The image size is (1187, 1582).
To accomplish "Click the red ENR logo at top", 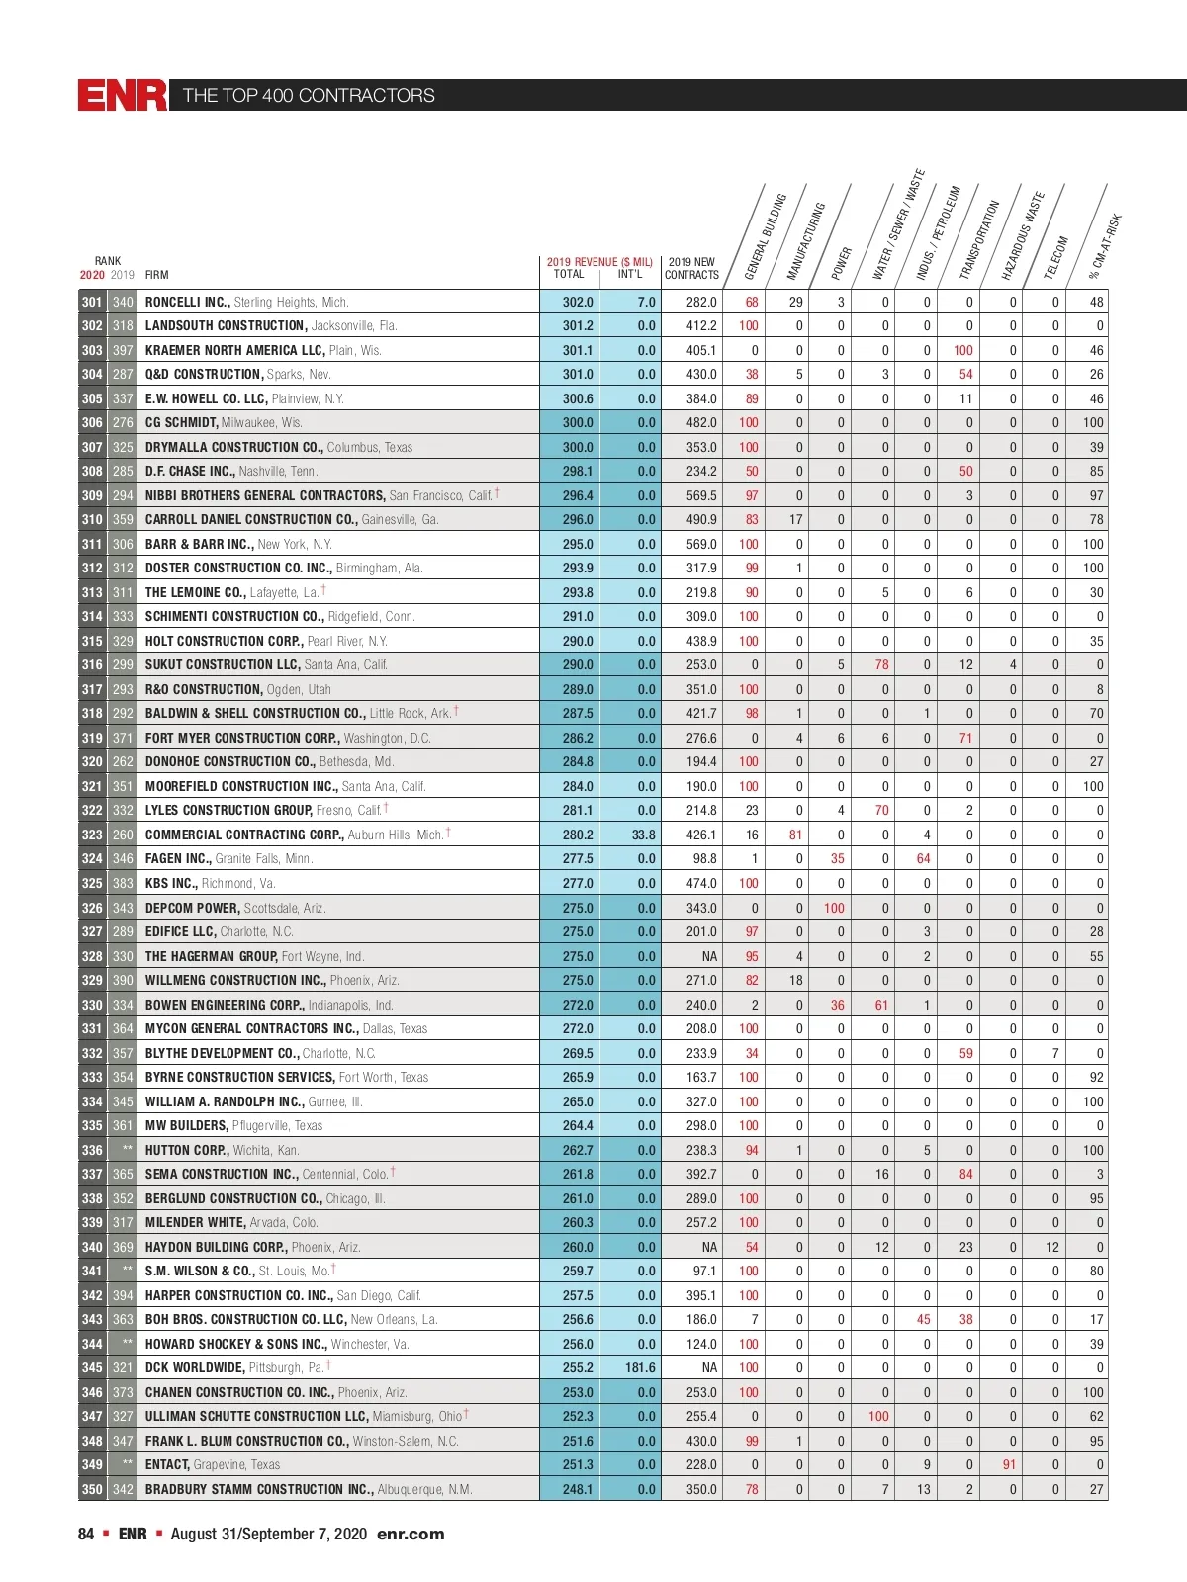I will click(x=123, y=95).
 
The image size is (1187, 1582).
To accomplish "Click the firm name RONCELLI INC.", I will click(x=187, y=302).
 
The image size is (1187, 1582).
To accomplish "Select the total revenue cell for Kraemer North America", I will click(x=578, y=350).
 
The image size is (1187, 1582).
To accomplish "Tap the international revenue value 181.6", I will click(x=640, y=1367).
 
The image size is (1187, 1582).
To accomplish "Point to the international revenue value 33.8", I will click(x=643, y=835).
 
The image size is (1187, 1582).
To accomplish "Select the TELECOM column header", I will click(x=1056, y=257).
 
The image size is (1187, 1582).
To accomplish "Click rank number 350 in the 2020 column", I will click(x=92, y=1489).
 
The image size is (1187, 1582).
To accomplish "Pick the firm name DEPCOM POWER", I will click(x=192, y=908).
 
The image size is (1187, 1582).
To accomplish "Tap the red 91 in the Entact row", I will click(x=1009, y=1464).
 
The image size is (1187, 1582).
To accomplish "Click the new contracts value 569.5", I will click(x=701, y=495).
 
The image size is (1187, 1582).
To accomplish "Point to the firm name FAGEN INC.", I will click(x=178, y=859).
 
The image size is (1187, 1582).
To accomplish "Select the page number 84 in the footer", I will click(x=86, y=1534).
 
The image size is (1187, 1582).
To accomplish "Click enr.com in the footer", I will click(x=411, y=1534).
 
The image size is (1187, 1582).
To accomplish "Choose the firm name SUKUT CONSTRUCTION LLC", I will click(x=222, y=664).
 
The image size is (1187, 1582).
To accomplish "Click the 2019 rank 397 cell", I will click(x=123, y=350).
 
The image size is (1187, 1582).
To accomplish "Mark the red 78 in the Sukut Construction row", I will click(x=881, y=664).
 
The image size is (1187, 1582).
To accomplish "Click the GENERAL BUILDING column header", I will click(x=766, y=236).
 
